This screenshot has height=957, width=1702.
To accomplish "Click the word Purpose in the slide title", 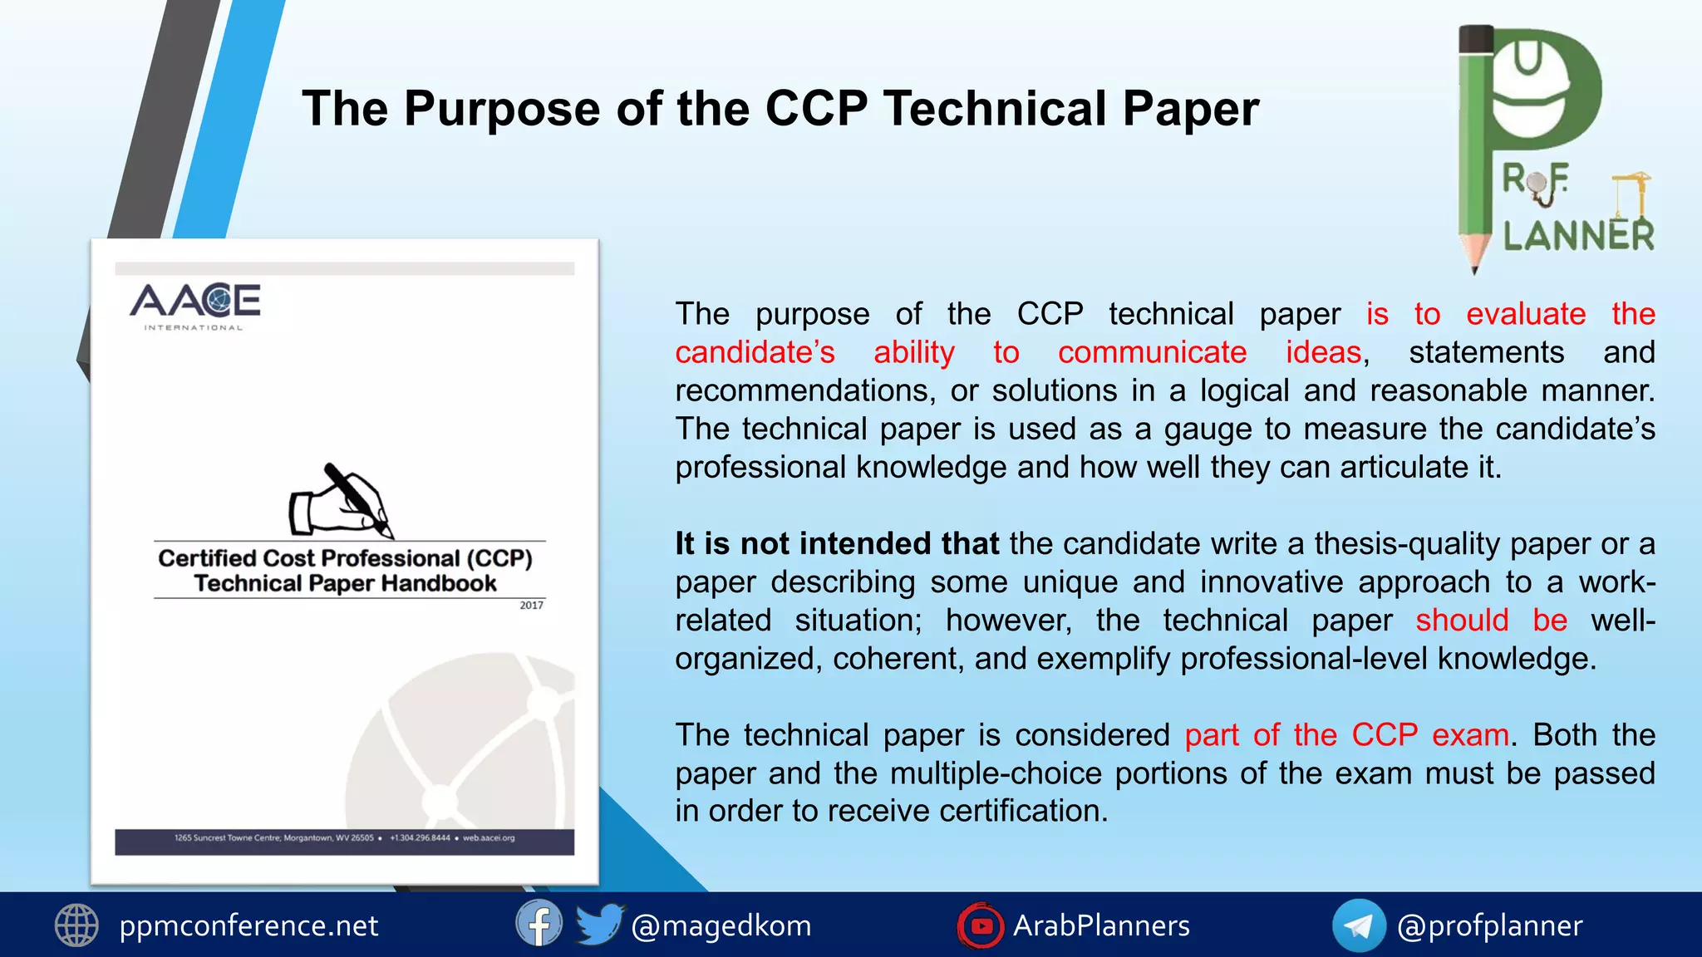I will tap(501, 110).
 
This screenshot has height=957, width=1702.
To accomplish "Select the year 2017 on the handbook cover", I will tap(531, 606).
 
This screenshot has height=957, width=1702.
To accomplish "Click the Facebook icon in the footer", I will tap(539, 924).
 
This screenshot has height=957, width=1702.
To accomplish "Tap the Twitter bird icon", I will tap(598, 924).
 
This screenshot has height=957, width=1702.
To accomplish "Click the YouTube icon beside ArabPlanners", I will tap(981, 925).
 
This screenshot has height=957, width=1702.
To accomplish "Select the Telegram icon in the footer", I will tap(1358, 925).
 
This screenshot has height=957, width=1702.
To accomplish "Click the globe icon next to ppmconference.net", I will tap(76, 925).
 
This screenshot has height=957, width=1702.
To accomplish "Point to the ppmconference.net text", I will tap(248, 925).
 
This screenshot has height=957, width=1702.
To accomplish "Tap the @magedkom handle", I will tap(721, 925).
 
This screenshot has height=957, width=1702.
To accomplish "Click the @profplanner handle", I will tap(1489, 925).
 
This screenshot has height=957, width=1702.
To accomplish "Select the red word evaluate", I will tap(1526, 314).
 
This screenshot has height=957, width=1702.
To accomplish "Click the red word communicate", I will tap(1152, 352).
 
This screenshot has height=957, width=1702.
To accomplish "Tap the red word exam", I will tap(1470, 735).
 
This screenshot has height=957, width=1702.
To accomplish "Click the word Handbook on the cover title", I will tap(438, 584).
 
